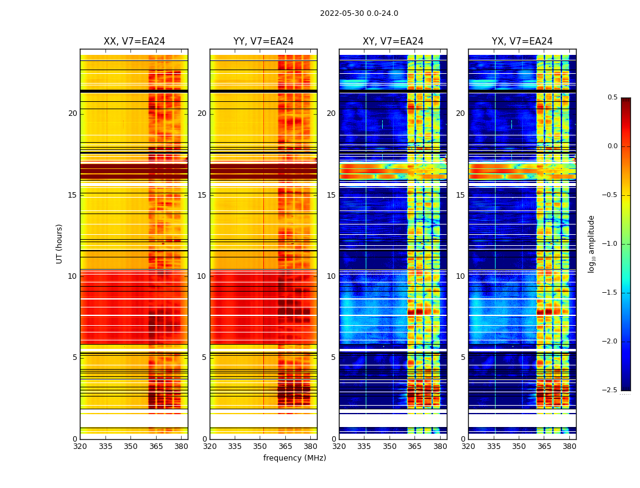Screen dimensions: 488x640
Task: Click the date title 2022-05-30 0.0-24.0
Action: [x=359, y=13]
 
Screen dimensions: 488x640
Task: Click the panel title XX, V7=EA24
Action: [x=134, y=41]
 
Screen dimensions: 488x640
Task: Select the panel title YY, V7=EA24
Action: [x=263, y=41]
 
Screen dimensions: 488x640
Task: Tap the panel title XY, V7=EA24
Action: [x=393, y=41]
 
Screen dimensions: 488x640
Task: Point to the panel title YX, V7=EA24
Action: [x=522, y=41]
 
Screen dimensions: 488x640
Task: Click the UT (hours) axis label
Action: [x=59, y=243]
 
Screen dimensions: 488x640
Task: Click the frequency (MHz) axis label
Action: [x=294, y=458]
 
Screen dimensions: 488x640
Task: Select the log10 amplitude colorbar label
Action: [x=591, y=243]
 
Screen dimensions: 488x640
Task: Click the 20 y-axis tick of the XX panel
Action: [x=73, y=113]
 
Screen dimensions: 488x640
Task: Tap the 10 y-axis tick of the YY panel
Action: [x=202, y=276]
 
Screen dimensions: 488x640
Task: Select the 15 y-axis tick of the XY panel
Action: [x=331, y=195]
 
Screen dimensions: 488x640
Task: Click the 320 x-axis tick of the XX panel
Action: [x=80, y=447]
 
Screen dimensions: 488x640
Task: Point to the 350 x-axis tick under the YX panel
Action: [x=519, y=447]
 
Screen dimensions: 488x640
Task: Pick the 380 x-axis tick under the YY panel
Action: [x=310, y=447]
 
